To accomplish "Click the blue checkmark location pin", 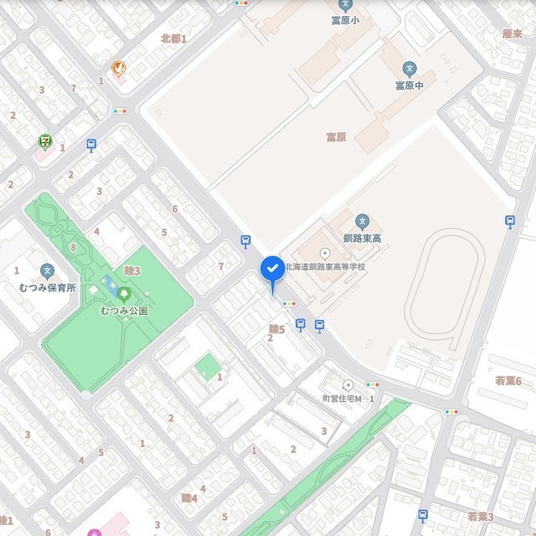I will point(272,269).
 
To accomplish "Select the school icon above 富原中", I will point(410,69).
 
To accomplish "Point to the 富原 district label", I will point(335,136).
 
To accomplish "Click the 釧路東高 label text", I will point(362,240).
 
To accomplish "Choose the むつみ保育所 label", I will point(48,288).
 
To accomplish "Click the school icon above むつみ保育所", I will point(48,271).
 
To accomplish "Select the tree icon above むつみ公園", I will point(124,293).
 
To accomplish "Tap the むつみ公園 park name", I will point(124,311).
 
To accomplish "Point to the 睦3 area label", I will point(131,270).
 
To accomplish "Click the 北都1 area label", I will point(173,39).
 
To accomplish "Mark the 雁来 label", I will point(513,34).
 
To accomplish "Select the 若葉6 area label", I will point(508,381).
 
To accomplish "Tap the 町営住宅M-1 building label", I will point(348,399).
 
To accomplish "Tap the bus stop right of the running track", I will point(509,221).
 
